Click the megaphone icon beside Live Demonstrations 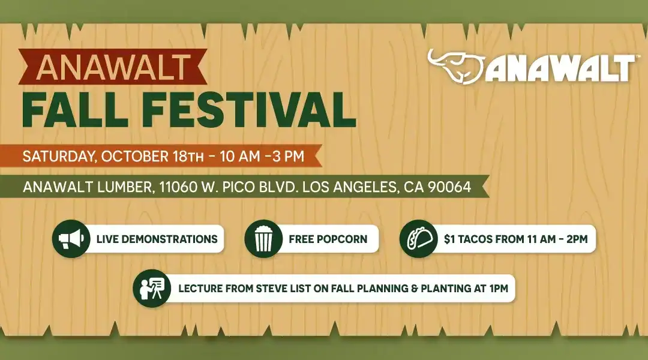(71, 239)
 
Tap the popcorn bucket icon (263, 239)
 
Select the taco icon (419, 239)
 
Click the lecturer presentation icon (152, 289)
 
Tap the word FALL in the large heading (74, 110)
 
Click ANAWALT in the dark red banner (113, 67)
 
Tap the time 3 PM (289, 156)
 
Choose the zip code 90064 (449, 187)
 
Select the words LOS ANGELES (349, 187)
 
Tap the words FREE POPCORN (328, 239)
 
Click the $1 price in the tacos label (449, 239)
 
